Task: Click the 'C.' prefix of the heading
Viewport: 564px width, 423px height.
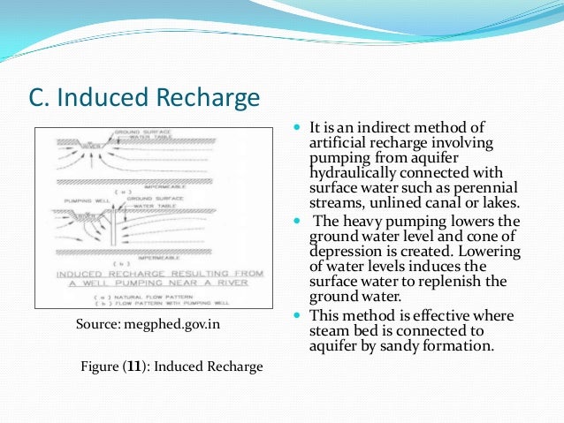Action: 41,98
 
